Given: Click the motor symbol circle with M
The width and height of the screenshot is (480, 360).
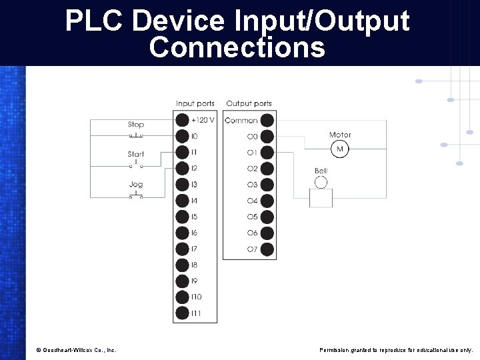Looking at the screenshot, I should click(340, 149).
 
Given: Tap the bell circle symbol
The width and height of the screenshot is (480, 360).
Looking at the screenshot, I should click(321, 183).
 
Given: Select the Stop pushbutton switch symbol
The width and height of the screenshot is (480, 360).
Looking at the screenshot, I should click(136, 135).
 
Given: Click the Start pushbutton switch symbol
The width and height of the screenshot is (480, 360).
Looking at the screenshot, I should click(136, 165).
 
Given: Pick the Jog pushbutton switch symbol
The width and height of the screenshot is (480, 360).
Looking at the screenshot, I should click(136, 195).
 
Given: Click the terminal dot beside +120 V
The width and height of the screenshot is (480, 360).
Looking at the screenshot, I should click(182, 120).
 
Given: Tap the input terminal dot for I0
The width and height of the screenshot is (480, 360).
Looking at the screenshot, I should click(182, 136).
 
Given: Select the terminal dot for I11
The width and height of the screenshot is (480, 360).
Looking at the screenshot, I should click(182, 313).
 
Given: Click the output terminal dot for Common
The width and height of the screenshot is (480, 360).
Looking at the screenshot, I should click(267, 120).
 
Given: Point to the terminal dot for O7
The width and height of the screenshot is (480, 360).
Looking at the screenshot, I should click(267, 249).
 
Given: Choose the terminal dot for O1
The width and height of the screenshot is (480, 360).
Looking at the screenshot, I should click(267, 153).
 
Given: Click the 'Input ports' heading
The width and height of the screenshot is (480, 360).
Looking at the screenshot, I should click(195, 103).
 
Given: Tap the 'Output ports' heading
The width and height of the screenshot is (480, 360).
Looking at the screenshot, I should click(249, 103).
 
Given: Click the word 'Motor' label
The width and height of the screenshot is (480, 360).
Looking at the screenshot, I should click(340, 135).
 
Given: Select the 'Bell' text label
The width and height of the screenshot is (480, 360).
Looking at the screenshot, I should click(321, 171).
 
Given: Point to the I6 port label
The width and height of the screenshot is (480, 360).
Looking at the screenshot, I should click(194, 233).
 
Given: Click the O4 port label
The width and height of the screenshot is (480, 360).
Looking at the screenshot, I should click(252, 201).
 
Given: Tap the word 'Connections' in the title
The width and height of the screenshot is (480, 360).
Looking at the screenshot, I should click(237, 48).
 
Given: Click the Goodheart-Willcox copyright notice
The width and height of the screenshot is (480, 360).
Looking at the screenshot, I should click(76, 350).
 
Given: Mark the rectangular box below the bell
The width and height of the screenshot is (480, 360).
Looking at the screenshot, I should click(321, 198).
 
